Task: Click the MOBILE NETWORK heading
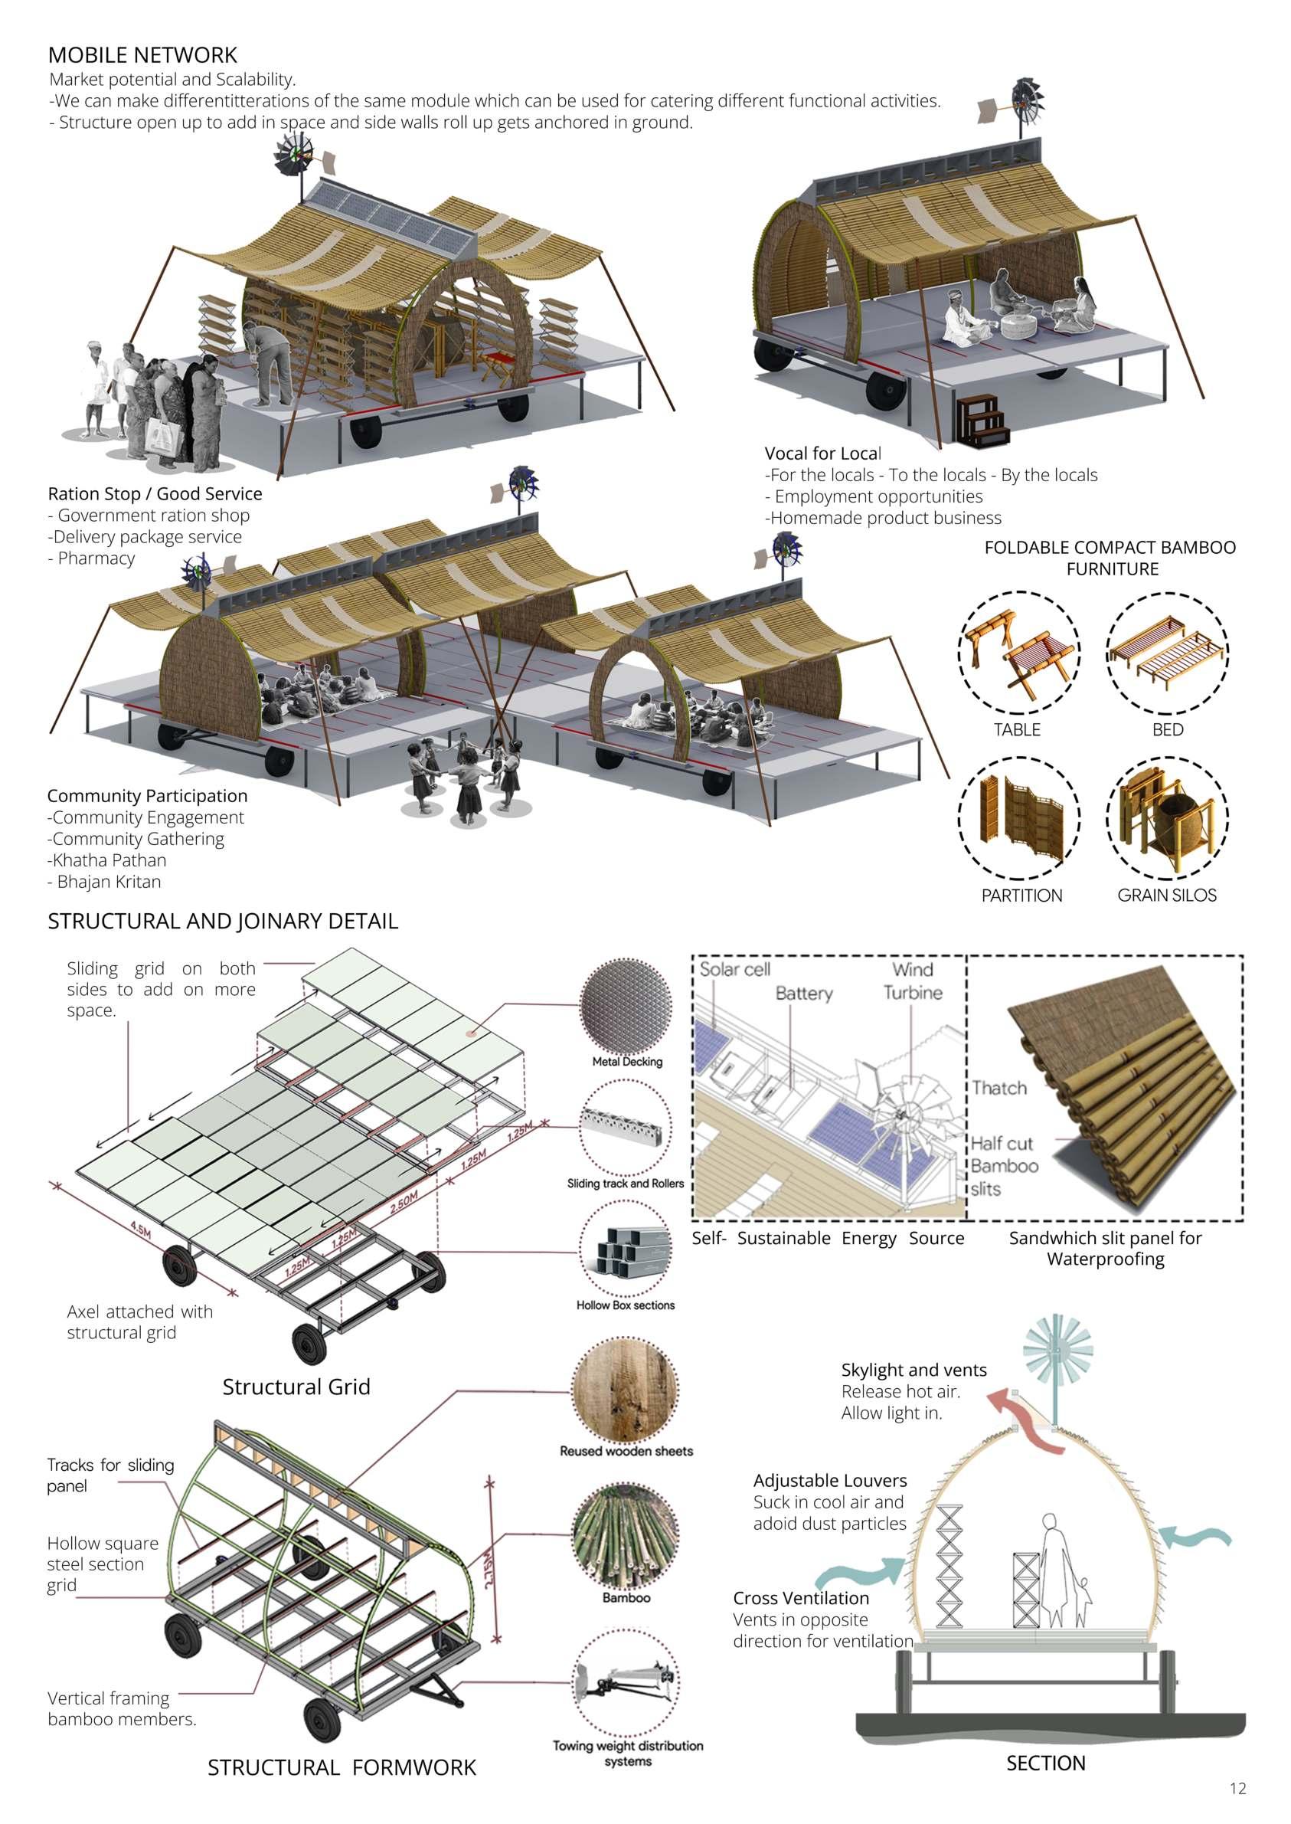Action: (142, 55)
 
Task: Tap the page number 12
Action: (1237, 1788)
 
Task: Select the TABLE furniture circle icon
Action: (1018, 653)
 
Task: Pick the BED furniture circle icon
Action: (1167, 653)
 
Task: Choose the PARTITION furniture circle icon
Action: (1018, 818)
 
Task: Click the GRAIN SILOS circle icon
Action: (1167, 818)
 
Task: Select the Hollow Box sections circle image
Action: (626, 1249)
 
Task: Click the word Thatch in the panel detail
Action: (999, 1088)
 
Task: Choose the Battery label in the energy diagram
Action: (804, 993)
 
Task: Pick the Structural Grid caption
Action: (296, 1387)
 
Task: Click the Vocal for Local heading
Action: (823, 454)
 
